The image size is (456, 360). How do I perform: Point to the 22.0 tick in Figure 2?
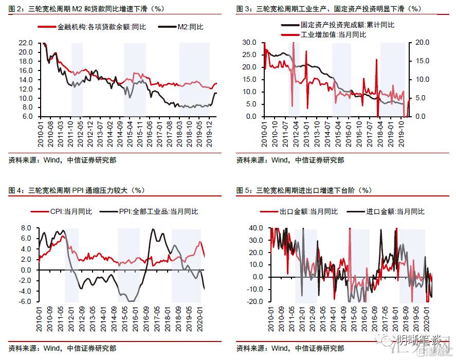(26, 43)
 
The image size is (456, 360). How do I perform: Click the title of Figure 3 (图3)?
(329, 9)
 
